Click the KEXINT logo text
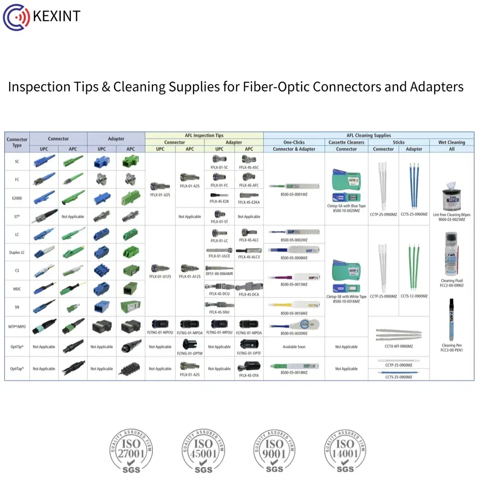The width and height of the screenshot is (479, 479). [x=57, y=16]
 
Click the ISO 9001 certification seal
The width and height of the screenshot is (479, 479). [x=274, y=450]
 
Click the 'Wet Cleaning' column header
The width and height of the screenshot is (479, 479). [x=452, y=142]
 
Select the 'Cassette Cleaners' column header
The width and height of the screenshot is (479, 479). [x=346, y=142]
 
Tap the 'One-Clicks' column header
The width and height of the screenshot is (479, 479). [x=294, y=142]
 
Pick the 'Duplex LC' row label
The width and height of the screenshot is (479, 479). [x=17, y=252]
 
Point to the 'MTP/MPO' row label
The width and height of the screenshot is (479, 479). [x=17, y=326]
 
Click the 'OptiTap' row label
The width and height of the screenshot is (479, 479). [x=17, y=369]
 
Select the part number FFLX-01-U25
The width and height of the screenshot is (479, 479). [x=160, y=195]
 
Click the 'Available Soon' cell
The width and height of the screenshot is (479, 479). [x=294, y=347]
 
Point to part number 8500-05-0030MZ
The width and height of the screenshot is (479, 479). [x=294, y=333]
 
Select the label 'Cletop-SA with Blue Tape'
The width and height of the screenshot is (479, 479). [x=346, y=206]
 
